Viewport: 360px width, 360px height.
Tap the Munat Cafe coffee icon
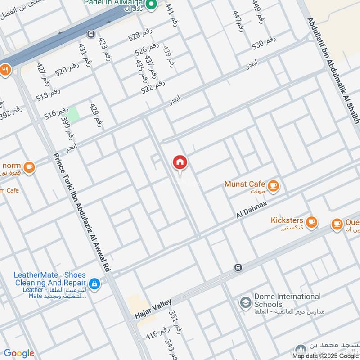point(273,185)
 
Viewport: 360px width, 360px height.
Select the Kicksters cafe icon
point(311,221)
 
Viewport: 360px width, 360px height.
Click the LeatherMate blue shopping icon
point(94,283)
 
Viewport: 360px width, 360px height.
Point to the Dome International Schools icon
point(245,301)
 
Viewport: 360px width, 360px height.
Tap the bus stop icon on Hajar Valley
point(238,268)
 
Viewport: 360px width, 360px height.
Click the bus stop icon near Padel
point(91,34)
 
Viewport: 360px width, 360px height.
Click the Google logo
point(18,353)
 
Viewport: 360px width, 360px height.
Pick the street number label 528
point(140,36)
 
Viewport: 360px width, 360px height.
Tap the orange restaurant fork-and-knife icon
point(5,70)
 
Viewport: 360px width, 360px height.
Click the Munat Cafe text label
point(245,184)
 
